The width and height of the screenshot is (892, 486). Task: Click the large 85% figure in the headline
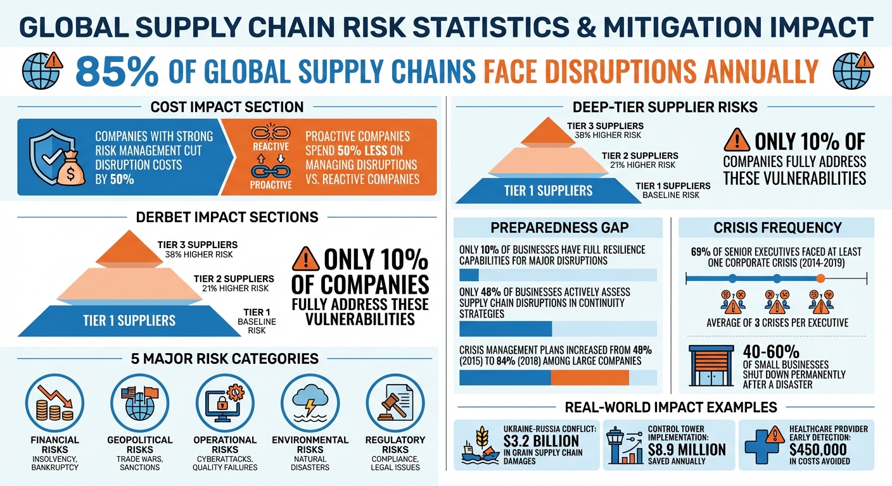(117, 71)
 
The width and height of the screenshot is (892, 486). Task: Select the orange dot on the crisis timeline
(821, 278)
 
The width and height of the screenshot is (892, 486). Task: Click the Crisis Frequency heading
(777, 228)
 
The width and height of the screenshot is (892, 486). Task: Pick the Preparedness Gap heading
(559, 228)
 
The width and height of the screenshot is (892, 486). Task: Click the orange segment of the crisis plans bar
(589, 378)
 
